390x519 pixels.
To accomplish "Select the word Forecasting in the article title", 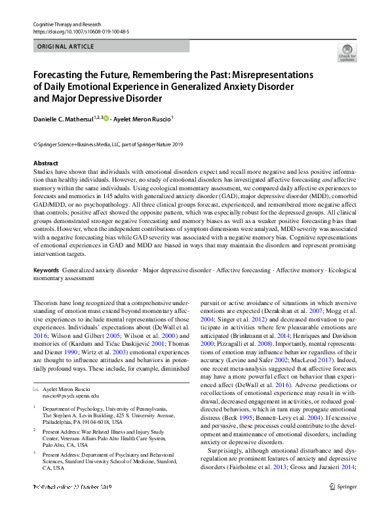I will pos(64,75).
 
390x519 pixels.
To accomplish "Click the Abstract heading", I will pos(46,163).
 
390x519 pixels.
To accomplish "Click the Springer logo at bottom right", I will pos(342,504).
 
